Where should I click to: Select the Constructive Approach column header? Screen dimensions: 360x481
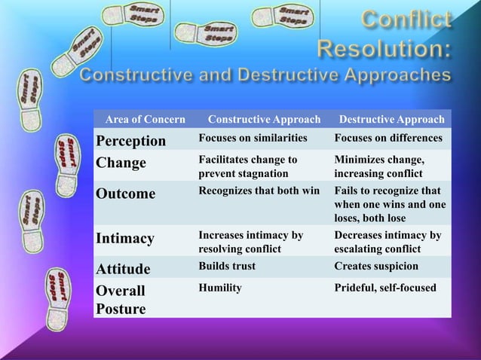point(264,120)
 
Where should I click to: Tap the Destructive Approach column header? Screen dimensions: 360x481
point(391,120)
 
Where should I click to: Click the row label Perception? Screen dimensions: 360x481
point(130,141)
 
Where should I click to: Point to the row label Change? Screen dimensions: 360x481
point(121,163)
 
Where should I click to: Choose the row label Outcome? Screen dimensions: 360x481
point(125,194)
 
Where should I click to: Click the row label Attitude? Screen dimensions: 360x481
point(123,269)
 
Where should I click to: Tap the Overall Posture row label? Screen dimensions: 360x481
point(121,300)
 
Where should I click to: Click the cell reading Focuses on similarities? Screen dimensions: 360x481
point(253,139)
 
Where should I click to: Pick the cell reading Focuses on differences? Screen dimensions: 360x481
point(388,139)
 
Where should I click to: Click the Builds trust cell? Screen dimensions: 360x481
point(227,266)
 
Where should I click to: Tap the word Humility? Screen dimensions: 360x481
point(219,287)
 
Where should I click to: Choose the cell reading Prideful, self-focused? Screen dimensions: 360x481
point(384,287)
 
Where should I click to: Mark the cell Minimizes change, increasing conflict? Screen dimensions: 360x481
point(380,166)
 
